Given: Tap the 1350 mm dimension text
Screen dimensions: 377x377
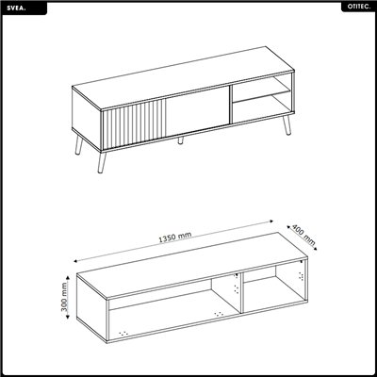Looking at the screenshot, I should [x=177, y=238].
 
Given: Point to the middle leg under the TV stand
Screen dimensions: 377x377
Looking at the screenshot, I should [x=178, y=139].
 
